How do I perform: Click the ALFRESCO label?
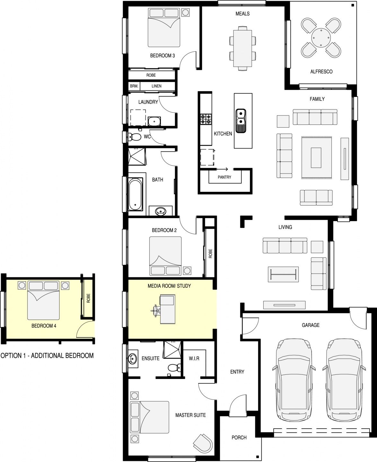321,72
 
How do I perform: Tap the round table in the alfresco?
321,38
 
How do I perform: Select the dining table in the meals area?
242,48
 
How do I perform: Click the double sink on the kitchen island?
241,121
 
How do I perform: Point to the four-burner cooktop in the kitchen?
206,119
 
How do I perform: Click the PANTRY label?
224,177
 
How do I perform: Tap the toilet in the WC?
134,137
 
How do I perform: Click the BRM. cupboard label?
134,86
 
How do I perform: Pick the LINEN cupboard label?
156,86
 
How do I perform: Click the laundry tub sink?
154,121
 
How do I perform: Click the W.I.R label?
194,359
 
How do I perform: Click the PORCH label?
239,438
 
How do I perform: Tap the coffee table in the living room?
283,274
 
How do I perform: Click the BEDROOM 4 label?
44,326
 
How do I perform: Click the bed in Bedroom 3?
164,28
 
